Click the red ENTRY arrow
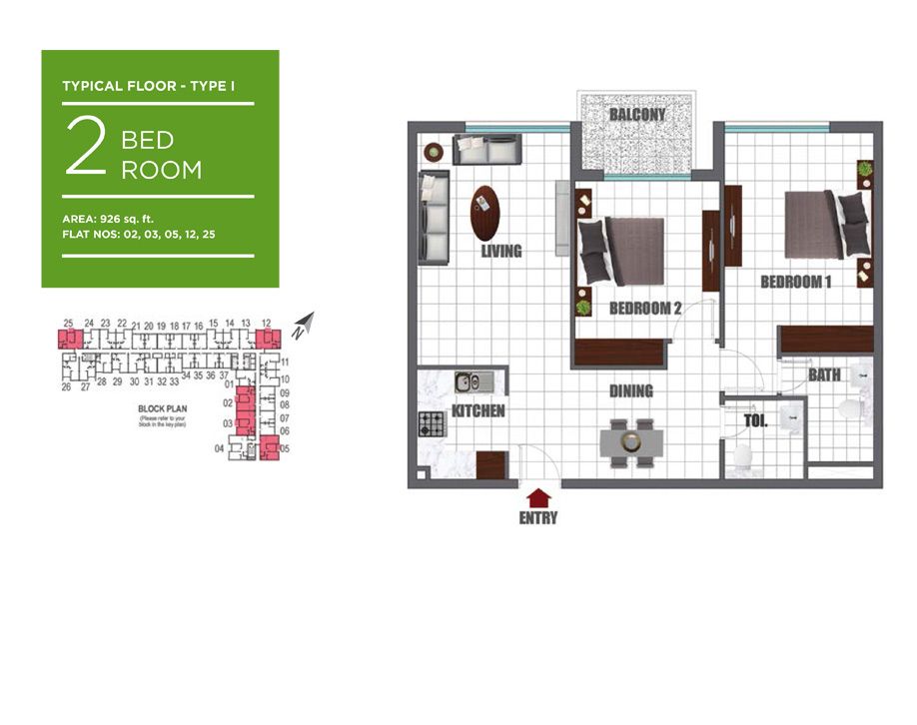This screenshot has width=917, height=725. tap(538, 496)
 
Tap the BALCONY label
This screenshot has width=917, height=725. tap(637, 115)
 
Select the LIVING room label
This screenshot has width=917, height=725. tap(501, 252)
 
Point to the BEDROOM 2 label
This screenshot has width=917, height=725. tap(645, 309)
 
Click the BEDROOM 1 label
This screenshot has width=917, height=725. tap(796, 283)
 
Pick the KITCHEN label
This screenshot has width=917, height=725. tap(478, 411)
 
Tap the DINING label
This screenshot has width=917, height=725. tap(631, 391)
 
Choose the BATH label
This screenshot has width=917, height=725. tap(824, 375)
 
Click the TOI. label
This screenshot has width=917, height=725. tap(755, 421)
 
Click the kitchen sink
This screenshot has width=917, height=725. tap(466, 381)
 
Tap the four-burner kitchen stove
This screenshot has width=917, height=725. tap(432, 423)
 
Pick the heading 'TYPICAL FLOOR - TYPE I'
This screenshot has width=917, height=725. tap(149, 86)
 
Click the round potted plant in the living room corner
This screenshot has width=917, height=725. tap(434, 152)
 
